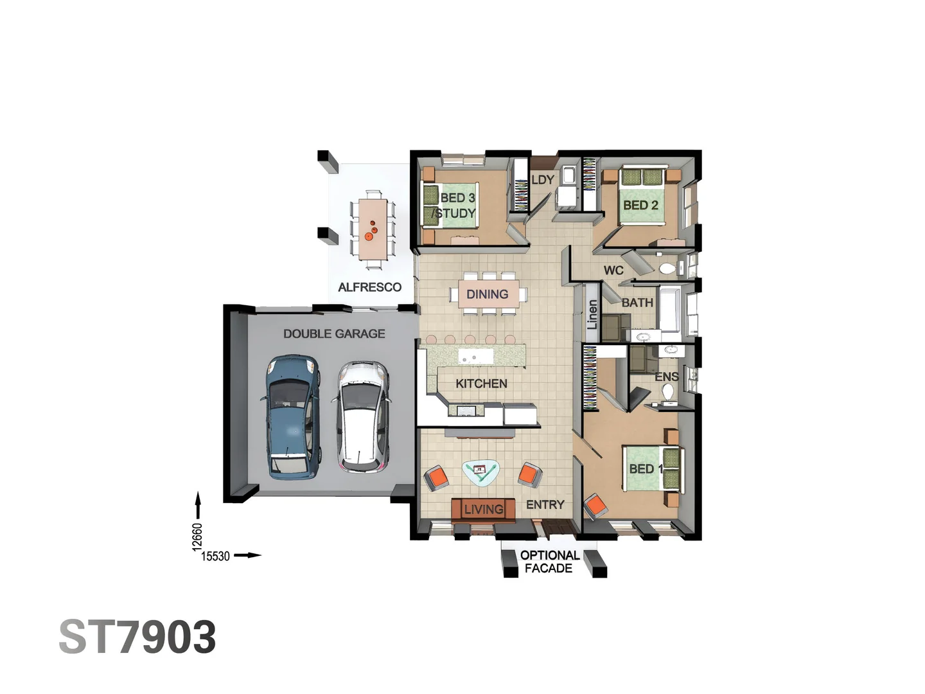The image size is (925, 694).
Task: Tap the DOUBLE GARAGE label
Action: click(334, 334)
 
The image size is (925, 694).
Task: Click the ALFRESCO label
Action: click(369, 287)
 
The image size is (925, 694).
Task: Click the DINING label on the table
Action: click(487, 294)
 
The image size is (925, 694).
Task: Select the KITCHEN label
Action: click(481, 384)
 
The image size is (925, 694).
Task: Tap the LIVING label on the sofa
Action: click(483, 510)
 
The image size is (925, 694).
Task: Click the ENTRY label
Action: click(545, 505)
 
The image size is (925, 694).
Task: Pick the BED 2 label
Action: click(640, 205)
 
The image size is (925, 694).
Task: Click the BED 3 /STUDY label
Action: click(456, 206)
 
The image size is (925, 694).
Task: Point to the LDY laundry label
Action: click(542, 180)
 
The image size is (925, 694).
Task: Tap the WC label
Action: click(613, 271)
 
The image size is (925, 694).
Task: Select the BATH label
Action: click(637, 303)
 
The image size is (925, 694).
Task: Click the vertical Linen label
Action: click(592, 314)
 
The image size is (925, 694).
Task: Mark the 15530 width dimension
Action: click(215, 556)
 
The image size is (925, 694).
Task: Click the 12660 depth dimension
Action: click(197, 537)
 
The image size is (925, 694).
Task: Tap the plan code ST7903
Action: click(137, 637)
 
